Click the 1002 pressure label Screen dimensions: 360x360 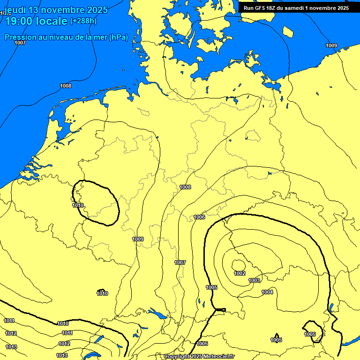click(240, 273)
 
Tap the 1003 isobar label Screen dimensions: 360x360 click(254, 280)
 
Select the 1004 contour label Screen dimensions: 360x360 click(267, 292)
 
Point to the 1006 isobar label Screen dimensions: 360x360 click(200, 217)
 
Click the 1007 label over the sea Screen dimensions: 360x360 click(20, 43)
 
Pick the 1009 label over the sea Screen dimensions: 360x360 click(331, 45)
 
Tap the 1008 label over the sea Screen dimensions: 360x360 click(66, 86)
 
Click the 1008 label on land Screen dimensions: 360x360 click(185, 187)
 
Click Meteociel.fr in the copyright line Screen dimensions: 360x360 click(218, 357)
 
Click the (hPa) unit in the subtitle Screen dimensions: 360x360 click(118, 37)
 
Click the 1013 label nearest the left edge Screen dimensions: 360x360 click(12, 347)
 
